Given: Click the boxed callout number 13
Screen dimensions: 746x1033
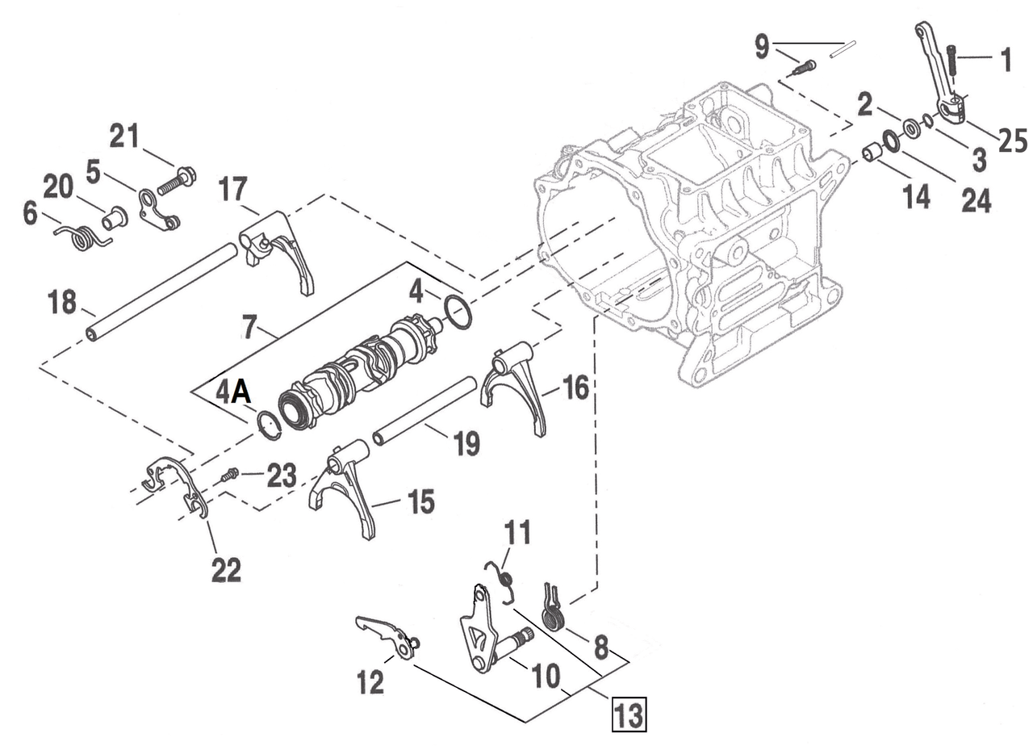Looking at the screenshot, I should pyautogui.click(x=629, y=715).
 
